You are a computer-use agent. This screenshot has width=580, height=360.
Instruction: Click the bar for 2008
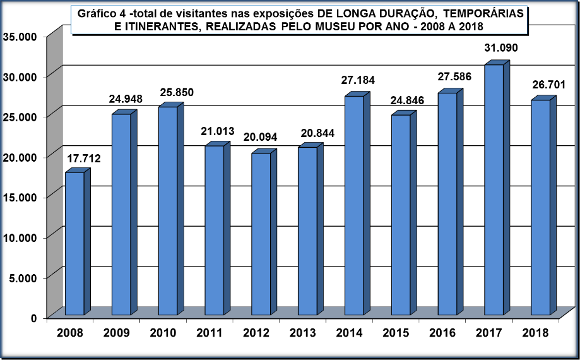pyautogui.click(x=74, y=243)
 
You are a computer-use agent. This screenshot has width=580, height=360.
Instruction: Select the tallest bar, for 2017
pyautogui.click(x=494, y=189)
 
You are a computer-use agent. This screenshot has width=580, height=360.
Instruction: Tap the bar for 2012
pyautogui.click(x=261, y=234)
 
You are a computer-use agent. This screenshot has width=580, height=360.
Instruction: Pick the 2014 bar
pyautogui.click(x=354, y=205)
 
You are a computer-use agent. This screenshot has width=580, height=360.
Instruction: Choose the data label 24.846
pyautogui.click(x=406, y=100)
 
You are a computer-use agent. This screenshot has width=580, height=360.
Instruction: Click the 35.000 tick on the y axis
pyautogui.click(x=20, y=36)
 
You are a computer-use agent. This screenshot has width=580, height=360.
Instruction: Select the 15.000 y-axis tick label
pyautogui.click(x=20, y=196)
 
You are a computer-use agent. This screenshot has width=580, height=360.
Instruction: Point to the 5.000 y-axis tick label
pyautogui.click(x=23, y=277)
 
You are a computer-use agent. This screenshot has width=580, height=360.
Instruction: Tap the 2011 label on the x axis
pyautogui.click(x=210, y=332)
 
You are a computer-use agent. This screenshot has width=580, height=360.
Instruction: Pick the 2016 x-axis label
pyautogui.click(x=442, y=332)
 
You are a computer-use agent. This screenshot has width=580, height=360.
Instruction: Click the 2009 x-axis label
pyautogui.click(x=117, y=332)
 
